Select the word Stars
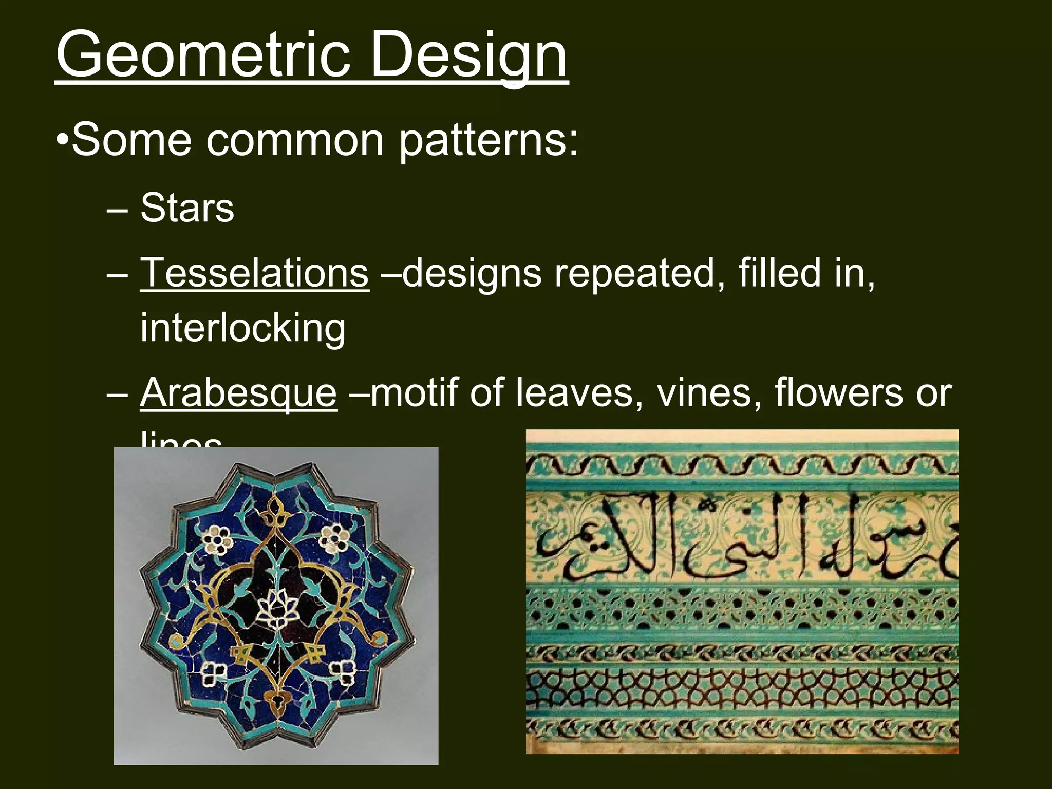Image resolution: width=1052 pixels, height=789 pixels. [187, 208]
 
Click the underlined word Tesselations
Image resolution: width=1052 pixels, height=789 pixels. [254, 273]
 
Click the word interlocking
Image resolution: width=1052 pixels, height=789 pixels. [243, 328]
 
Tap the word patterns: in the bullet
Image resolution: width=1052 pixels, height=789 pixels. [488, 140]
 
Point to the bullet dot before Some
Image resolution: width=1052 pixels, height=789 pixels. [63, 140]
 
